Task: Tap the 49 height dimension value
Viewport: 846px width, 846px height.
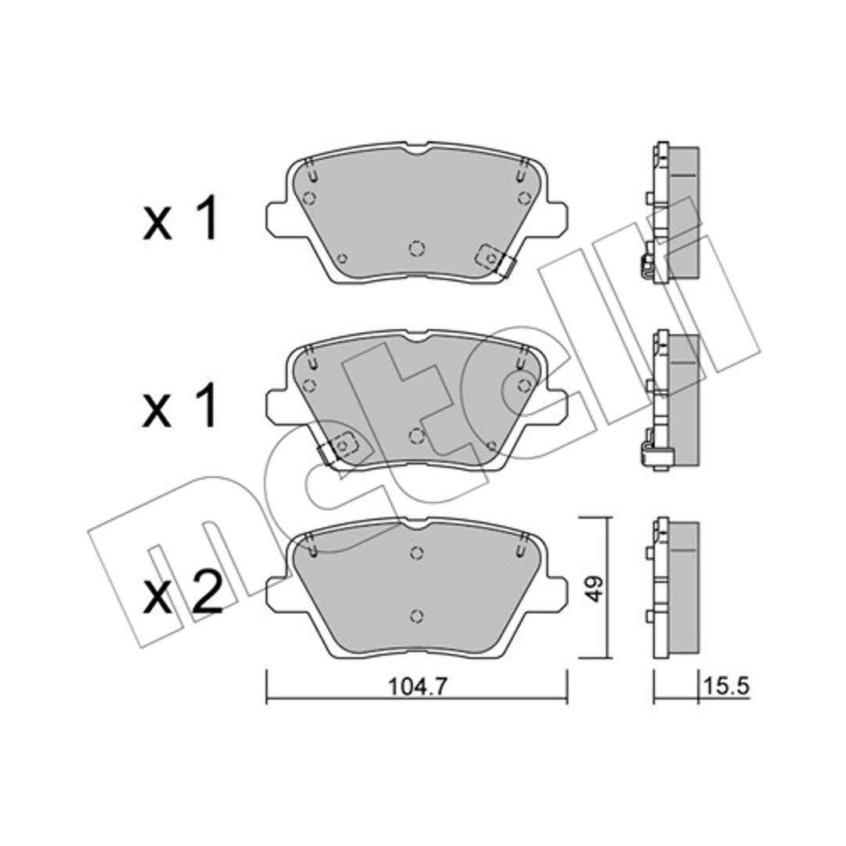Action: tap(595, 588)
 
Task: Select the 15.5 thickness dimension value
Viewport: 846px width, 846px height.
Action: tap(726, 686)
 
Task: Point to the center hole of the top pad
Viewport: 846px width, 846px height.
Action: tap(417, 248)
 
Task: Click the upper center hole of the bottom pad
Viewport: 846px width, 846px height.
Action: tap(416, 553)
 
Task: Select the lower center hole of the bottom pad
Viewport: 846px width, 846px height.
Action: tap(416, 616)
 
